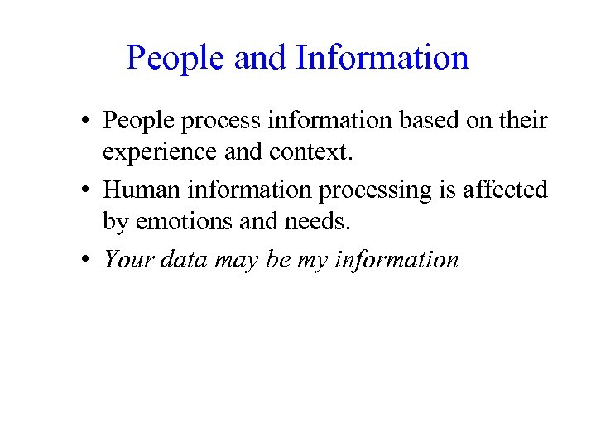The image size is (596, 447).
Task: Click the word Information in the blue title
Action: click(382, 58)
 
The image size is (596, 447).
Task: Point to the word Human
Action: click(139, 190)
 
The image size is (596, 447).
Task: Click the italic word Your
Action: click(126, 259)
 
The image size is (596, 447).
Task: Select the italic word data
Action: click(180, 259)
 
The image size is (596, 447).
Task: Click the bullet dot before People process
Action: click(85, 121)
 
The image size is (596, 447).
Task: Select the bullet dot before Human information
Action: click(85, 190)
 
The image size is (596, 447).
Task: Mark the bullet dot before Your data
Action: click(85, 260)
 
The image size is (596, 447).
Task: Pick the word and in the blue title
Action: click(259, 58)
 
